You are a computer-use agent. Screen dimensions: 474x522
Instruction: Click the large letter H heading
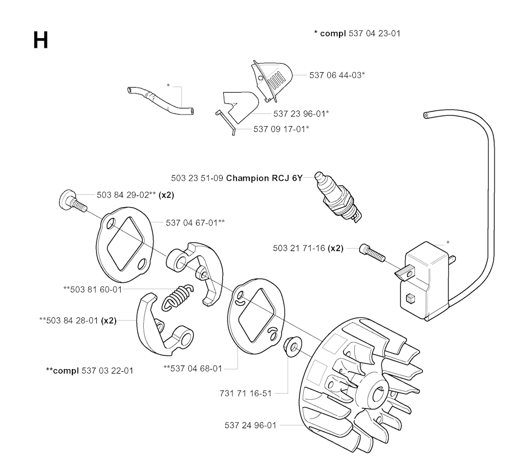tap(40, 40)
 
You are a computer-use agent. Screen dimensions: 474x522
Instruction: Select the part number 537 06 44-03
tap(337, 74)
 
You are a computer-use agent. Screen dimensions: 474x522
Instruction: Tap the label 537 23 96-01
tap(301, 113)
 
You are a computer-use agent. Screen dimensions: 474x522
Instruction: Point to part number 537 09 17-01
tap(281, 129)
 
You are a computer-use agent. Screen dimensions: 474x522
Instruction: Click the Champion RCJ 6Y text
tap(265, 178)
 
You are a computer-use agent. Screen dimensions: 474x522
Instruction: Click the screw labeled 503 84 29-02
tap(72, 201)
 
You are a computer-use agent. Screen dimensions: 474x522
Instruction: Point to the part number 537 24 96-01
tap(250, 425)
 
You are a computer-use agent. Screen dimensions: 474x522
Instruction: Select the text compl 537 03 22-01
tap(90, 370)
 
